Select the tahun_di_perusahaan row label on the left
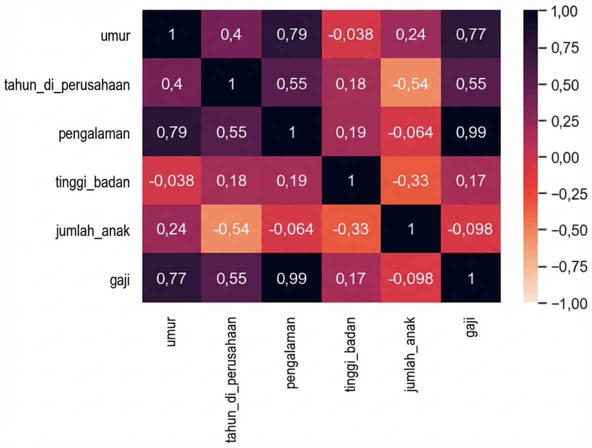click(x=67, y=84)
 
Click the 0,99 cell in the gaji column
click(x=471, y=133)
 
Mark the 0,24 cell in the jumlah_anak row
click(x=172, y=229)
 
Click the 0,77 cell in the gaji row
click(x=172, y=278)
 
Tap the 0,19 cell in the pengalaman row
click(x=351, y=133)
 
